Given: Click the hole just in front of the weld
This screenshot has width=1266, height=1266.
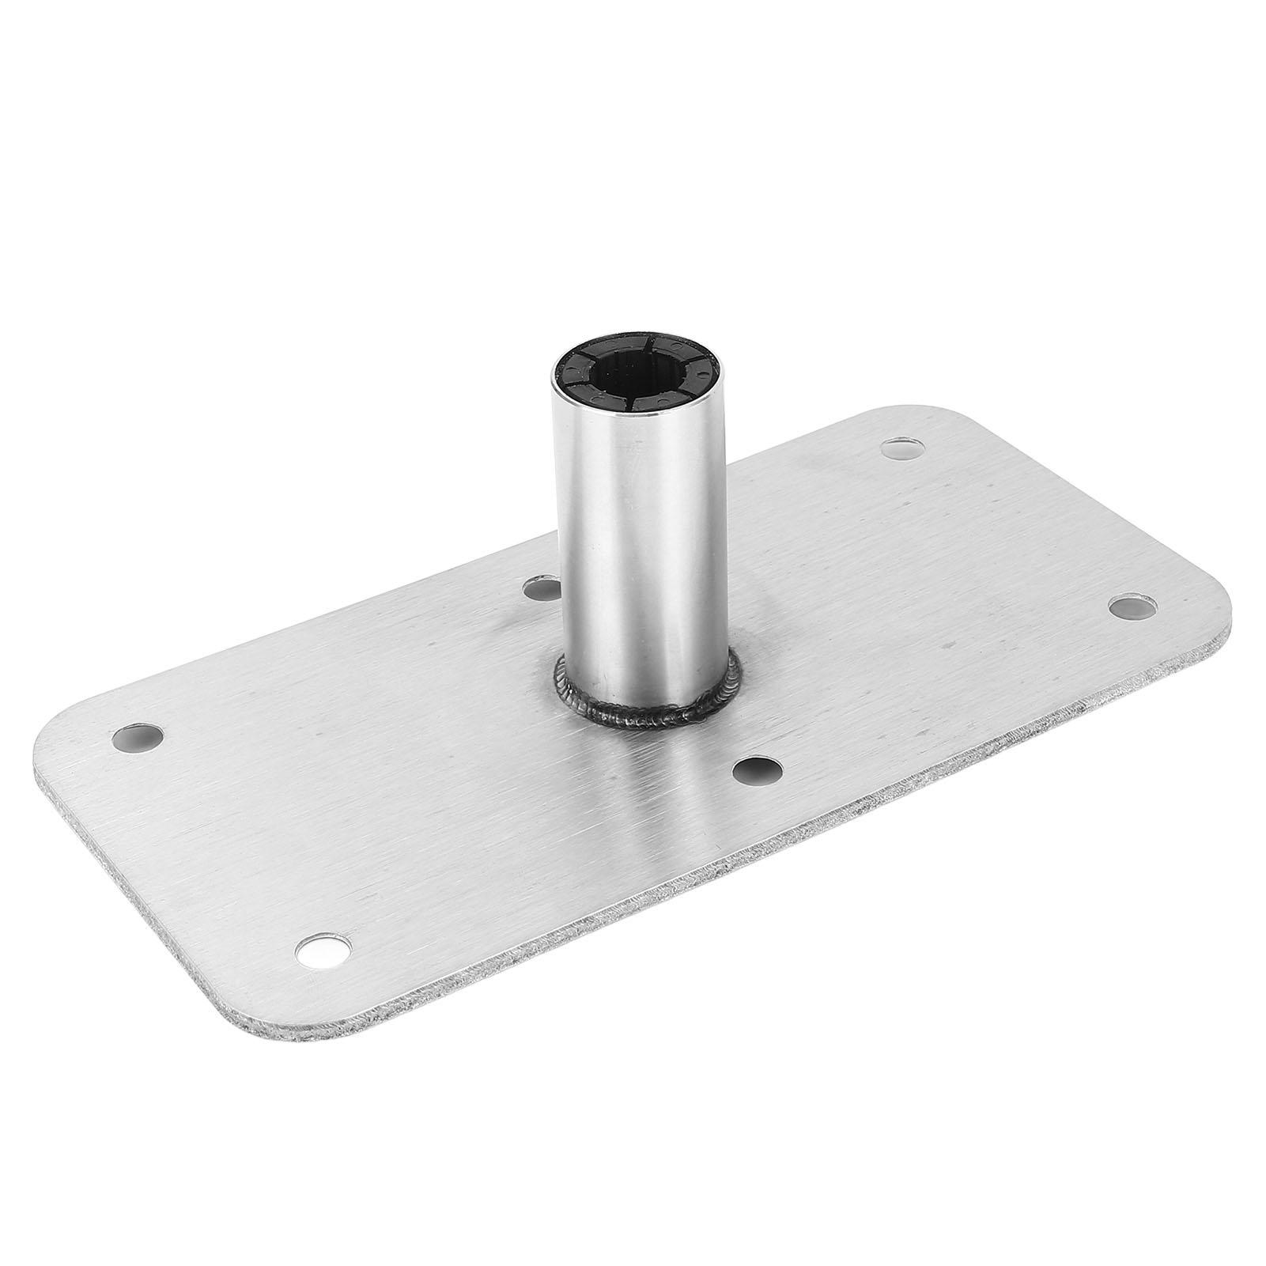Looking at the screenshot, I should click(756, 767).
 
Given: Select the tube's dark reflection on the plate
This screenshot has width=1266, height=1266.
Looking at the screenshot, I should click(656, 791).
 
